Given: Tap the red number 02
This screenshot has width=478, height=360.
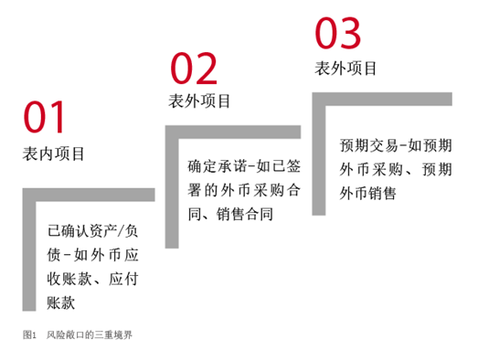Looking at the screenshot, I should tap(194, 68).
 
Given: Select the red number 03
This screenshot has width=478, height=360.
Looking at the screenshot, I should tap(338, 33).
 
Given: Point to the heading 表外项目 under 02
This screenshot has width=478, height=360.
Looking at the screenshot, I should tap(200, 101).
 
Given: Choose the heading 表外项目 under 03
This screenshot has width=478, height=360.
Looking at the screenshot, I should tap(345, 68).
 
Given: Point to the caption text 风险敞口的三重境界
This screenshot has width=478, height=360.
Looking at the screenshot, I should tap(94, 334).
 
